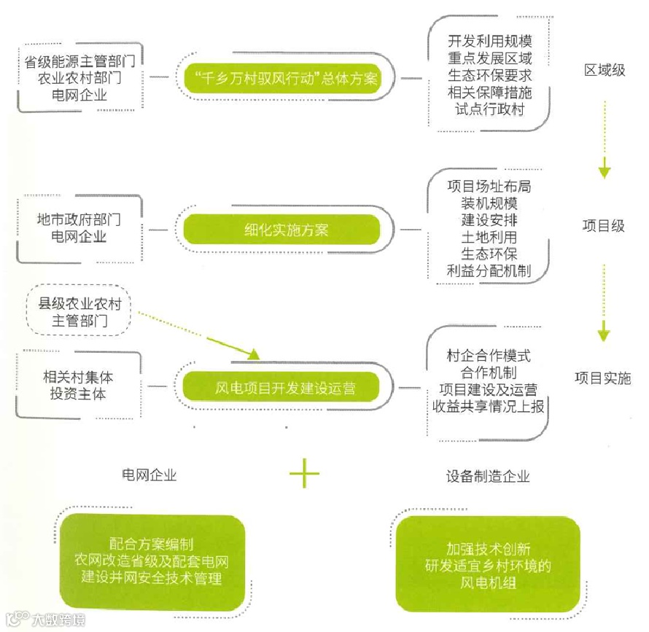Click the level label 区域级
(x=605, y=71)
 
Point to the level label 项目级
(x=603, y=226)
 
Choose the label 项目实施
(x=602, y=378)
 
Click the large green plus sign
(x=304, y=476)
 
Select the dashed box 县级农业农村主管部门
(x=79, y=313)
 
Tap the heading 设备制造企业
(x=488, y=477)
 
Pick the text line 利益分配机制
(x=489, y=270)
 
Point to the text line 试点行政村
(x=489, y=109)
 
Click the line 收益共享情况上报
(x=488, y=407)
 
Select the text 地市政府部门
(x=79, y=219)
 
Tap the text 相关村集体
(x=79, y=378)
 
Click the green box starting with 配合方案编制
(x=152, y=562)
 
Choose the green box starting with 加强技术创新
(x=488, y=564)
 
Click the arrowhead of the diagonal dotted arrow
(x=252, y=355)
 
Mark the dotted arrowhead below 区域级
(x=604, y=173)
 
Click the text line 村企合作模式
(x=489, y=356)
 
